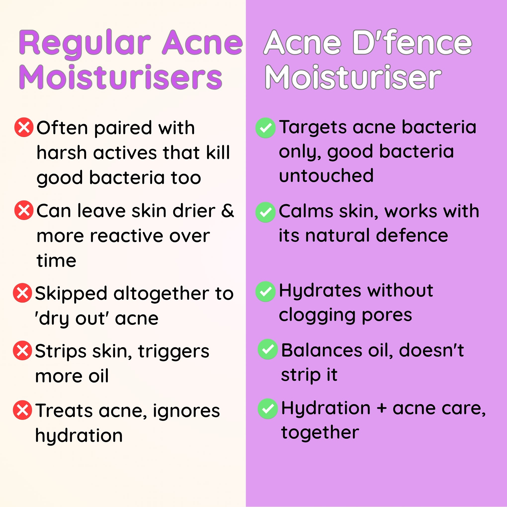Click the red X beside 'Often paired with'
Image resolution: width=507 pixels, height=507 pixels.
pyautogui.click(x=24, y=127)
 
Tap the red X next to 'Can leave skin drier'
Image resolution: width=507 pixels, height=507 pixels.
pyautogui.click(x=24, y=210)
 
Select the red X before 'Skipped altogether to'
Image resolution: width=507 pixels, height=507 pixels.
pyautogui.click(x=22, y=293)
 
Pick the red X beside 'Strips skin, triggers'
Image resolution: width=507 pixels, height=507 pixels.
pyautogui.click(x=22, y=350)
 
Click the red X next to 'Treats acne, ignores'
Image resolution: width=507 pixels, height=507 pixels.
pyautogui.click(x=22, y=410)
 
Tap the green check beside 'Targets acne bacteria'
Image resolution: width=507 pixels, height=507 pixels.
pyautogui.click(x=266, y=128)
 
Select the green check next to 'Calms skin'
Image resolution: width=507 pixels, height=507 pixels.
pyautogui.click(x=266, y=212)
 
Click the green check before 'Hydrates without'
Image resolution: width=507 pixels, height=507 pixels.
pyautogui.click(x=266, y=292)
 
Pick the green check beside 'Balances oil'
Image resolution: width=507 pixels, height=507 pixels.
pyautogui.click(x=268, y=349)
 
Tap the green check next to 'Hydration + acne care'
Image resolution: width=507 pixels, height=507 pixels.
pyautogui.click(x=268, y=409)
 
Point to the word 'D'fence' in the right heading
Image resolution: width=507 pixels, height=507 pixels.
pyautogui.click(x=412, y=42)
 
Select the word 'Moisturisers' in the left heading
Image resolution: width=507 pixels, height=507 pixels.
pyautogui.click(x=121, y=77)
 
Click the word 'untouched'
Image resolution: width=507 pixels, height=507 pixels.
pyautogui.click(x=326, y=175)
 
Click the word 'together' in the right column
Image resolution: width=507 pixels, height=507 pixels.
pyautogui.click(x=320, y=433)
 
